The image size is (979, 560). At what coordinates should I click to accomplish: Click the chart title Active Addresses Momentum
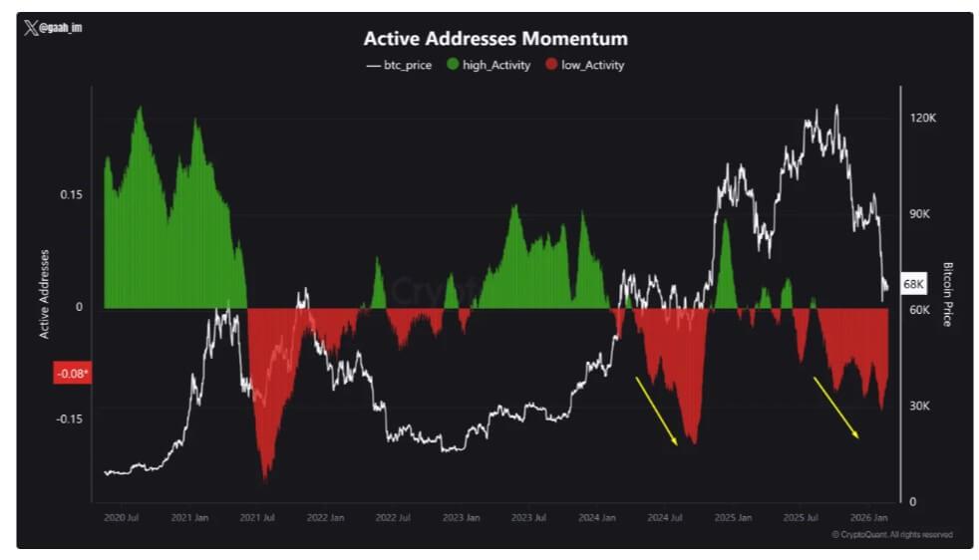(494, 39)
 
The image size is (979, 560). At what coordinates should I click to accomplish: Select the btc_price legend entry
(400, 65)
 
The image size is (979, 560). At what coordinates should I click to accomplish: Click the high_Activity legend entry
(489, 65)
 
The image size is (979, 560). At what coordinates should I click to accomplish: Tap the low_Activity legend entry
(584, 65)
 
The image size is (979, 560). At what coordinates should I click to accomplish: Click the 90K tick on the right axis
(922, 214)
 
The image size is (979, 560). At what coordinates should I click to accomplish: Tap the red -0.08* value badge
(72, 374)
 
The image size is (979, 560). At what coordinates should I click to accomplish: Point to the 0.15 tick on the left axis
(71, 194)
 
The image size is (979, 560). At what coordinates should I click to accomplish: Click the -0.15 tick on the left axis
(69, 419)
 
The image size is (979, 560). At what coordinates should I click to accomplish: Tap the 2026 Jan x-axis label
(867, 518)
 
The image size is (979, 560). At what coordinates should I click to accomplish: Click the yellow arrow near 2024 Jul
(657, 410)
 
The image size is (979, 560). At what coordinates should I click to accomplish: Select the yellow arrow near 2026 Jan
(836, 407)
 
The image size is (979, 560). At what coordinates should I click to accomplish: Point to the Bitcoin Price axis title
(947, 294)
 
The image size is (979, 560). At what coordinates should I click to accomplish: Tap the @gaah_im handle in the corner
(55, 28)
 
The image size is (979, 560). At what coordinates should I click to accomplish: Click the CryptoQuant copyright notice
(891, 535)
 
